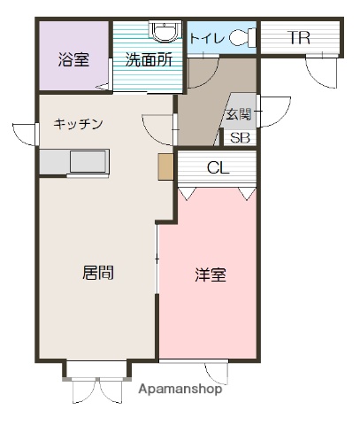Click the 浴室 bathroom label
[74, 61]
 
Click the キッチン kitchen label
[79, 125]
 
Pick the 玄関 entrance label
[238, 114]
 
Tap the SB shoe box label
[240, 137]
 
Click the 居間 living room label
[98, 273]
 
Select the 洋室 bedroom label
[211, 274]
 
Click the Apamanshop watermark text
[180, 389]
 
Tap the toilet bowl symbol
[242, 38]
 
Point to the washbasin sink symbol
[163, 32]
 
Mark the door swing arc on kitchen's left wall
[27, 135]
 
